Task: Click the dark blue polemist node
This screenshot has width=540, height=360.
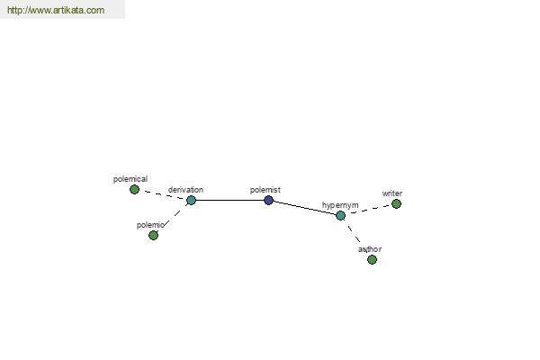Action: pyautogui.click(x=268, y=200)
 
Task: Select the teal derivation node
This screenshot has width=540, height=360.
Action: pyautogui.click(x=191, y=200)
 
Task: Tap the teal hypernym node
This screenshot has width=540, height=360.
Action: pyautogui.click(x=340, y=216)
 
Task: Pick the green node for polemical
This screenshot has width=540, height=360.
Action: pyautogui.click(x=134, y=189)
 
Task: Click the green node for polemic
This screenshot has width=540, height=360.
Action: pyautogui.click(x=153, y=235)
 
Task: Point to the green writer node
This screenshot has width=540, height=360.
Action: pyautogui.click(x=396, y=204)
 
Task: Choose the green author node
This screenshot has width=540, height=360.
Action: pyautogui.click(x=372, y=259)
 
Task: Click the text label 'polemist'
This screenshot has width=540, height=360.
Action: pyautogui.click(x=265, y=190)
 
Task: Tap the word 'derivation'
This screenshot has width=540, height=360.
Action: pyautogui.click(x=185, y=190)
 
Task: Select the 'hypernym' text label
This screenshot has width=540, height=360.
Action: pyautogui.click(x=340, y=205)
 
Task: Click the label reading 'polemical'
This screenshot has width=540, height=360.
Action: pyautogui.click(x=130, y=179)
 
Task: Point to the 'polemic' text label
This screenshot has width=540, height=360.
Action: pyautogui.click(x=150, y=225)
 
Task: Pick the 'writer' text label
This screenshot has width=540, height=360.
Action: pyautogui.click(x=391, y=193)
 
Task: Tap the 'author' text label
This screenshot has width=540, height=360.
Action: pyautogui.click(x=370, y=249)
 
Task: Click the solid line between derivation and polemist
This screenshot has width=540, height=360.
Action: pyautogui.click(x=229, y=200)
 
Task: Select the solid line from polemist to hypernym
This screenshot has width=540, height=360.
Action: pyautogui.click(x=304, y=208)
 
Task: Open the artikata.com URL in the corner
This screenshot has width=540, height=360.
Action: pyautogui.click(x=56, y=10)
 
